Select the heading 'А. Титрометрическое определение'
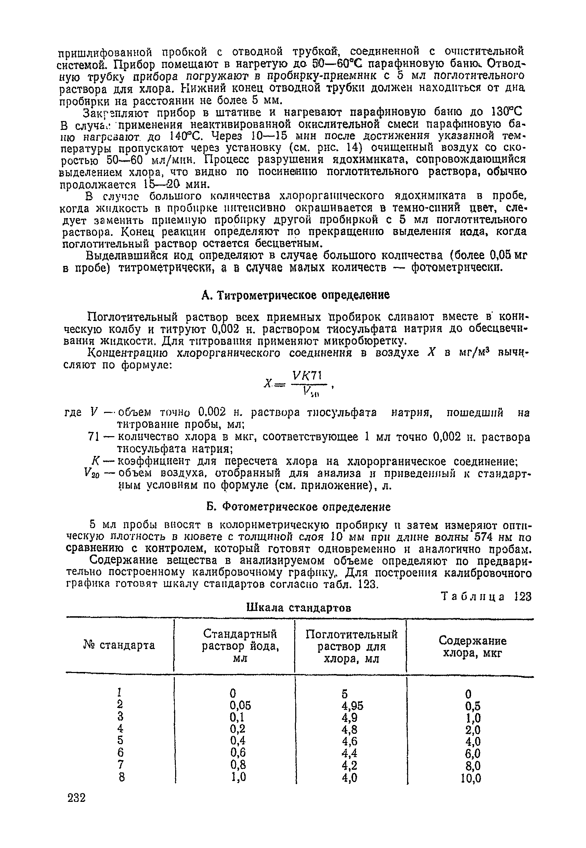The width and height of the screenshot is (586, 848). click(296, 295)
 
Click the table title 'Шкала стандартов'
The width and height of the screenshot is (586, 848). click(299, 608)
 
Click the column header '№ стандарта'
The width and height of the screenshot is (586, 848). click(119, 645)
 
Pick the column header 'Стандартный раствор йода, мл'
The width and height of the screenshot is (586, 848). click(240, 646)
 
